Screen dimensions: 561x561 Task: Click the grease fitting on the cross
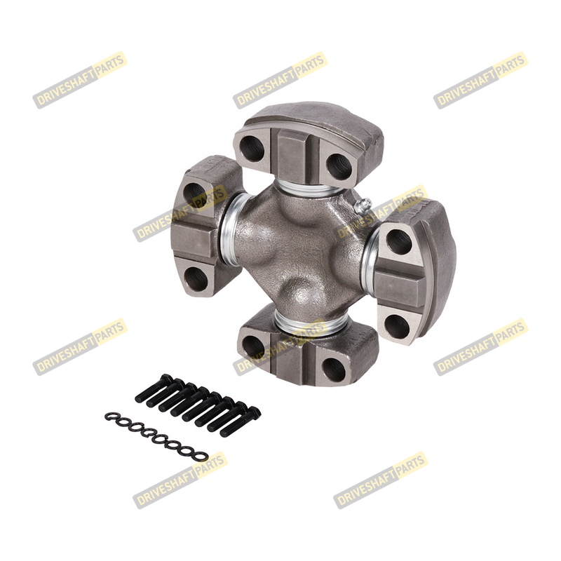pos(362,206)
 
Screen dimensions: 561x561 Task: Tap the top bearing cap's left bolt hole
pos(251,149)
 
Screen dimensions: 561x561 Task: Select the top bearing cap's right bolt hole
pos(339,167)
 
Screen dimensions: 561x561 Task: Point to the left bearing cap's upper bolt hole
pos(195,195)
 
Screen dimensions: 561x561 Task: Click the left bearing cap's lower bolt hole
pos(196,279)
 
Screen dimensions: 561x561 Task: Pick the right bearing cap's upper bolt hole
pos(400,242)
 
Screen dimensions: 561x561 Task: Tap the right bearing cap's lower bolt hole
pos(397,327)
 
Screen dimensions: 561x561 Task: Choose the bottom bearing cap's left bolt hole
pos(253,346)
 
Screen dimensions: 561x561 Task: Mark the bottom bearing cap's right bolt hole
pos(334,370)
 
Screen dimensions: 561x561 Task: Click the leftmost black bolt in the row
pos(154,388)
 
